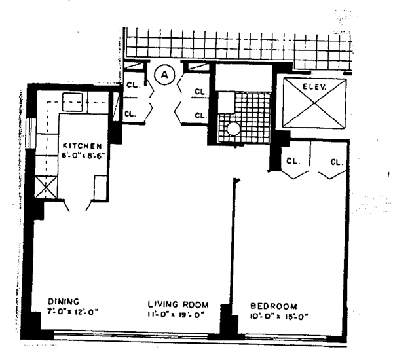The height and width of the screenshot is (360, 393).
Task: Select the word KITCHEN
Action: coord(83,145)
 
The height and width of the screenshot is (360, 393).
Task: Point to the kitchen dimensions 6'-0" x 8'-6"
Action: coord(83,156)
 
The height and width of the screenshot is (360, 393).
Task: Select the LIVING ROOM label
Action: coord(178,304)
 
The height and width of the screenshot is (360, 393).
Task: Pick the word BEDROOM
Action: coord(274,306)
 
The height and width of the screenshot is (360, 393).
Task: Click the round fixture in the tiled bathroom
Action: coord(233,129)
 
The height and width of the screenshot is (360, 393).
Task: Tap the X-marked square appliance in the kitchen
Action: coord(47,188)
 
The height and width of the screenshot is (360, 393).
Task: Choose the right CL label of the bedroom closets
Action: coord(337,162)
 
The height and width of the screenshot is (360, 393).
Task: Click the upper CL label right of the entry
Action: coord(200,93)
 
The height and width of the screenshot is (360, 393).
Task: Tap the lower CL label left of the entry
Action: coord(131,113)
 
